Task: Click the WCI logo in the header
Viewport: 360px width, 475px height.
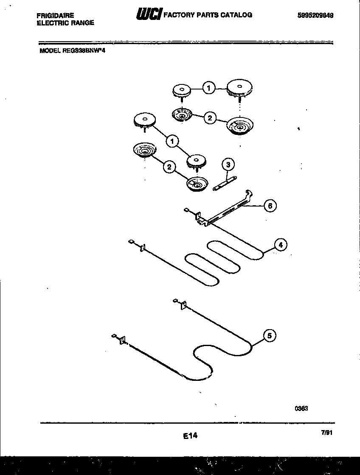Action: [x=148, y=15]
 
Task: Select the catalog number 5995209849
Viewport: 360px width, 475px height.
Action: [x=315, y=15]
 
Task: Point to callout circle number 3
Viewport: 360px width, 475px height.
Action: [x=228, y=164]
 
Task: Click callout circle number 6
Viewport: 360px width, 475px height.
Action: [x=270, y=206]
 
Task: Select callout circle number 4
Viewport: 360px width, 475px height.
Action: [x=280, y=245]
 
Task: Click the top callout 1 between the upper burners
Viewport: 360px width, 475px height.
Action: [x=208, y=88]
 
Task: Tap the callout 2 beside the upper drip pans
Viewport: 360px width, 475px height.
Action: [x=209, y=118]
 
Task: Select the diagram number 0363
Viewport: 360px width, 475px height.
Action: [x=301, y=408]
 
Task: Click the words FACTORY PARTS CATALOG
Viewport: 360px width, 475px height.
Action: [x=208, y=15]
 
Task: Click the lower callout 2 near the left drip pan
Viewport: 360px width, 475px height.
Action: [x=169, y=167]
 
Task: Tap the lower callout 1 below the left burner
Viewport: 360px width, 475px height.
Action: [x=172, y=141]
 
